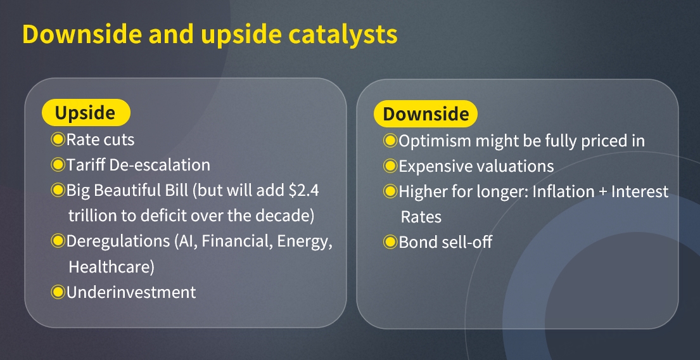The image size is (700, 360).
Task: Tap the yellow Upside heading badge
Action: pyautogui.click(x=86, y=113)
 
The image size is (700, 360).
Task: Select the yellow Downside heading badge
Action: pyautogui.click(x=426, y=114)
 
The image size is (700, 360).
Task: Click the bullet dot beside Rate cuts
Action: pyautogui.click(x=58, y=139)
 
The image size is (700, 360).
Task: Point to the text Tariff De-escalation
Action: pyautogui.click(x=138, y=165)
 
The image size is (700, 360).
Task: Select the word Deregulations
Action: pyautogui.click(x=118, y=241)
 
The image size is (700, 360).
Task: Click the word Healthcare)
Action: pyautogui.click(x=111, y=267)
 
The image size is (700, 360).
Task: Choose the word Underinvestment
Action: pyautogui.click(x=131, y=292)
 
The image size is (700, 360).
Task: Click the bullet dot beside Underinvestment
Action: pyautogui.click(x=58, y=292)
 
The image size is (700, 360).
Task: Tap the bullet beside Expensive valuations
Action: pyautogui.click(x=390, y=166)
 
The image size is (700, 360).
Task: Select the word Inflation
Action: pyautogui.click(x=563, y=191)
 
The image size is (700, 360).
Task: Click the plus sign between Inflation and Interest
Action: pyautogui.click(x=602, y=192)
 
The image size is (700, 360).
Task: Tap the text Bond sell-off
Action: pyautogui.click(x=445, y=242)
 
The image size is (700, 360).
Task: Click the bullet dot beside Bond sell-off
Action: pyautogui.click(x=390, y=242)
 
